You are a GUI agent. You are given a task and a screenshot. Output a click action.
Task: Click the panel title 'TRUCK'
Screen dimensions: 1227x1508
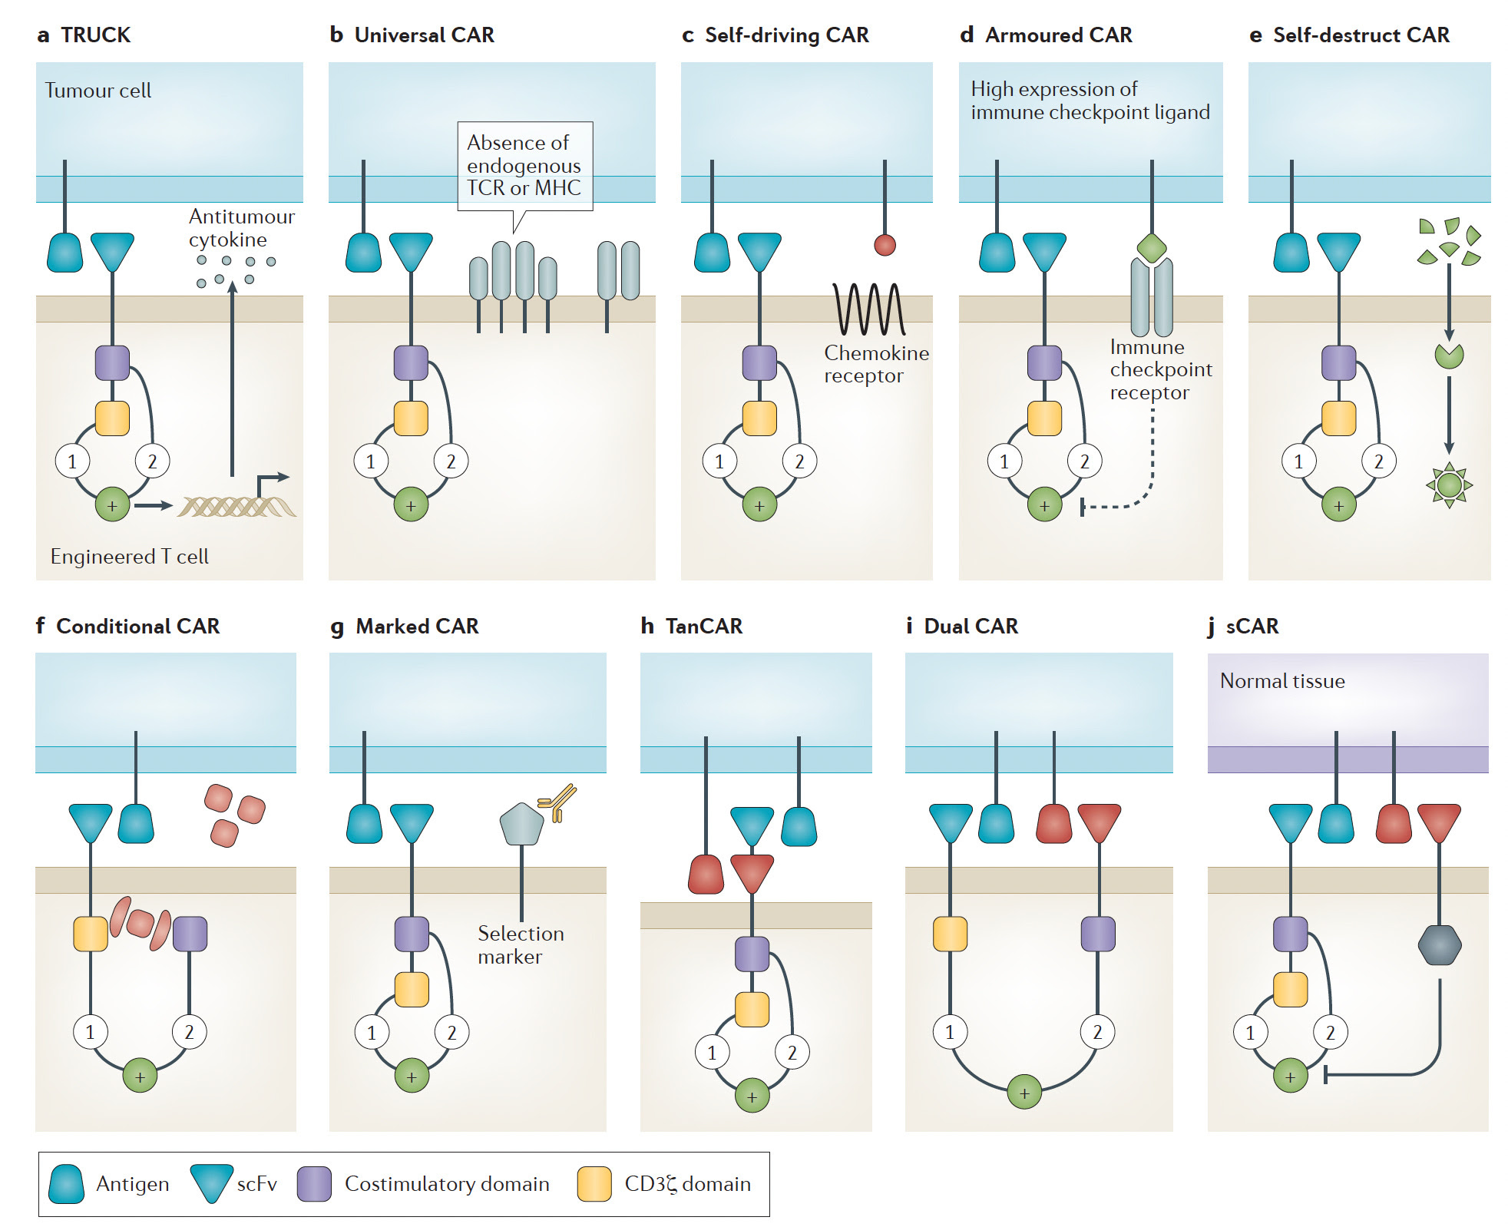click(95, 35)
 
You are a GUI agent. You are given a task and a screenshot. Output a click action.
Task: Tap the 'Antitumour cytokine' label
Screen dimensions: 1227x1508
click(240, 228)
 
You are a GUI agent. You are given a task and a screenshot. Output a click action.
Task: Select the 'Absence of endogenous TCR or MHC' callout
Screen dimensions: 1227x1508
click(524, 165)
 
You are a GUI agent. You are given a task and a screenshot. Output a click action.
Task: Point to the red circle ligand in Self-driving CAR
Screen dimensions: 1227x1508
click(885, 246)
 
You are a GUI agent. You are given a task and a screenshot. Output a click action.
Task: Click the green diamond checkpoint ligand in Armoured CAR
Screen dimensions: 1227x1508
click(1151, 248)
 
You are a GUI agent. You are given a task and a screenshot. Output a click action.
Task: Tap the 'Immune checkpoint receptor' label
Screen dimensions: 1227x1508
click(1160, 370)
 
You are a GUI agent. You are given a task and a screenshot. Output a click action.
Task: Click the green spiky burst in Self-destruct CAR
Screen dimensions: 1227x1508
click(1449, 485)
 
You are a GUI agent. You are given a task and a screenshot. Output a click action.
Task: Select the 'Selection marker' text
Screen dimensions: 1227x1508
click(520, 945)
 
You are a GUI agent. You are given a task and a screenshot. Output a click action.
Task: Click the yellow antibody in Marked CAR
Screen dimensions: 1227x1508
click(558, 802)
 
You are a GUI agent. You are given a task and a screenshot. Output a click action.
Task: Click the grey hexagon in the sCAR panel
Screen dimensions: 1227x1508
click(1439, 945)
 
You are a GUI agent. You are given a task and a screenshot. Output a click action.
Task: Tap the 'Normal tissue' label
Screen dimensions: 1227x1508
click(1281, 681)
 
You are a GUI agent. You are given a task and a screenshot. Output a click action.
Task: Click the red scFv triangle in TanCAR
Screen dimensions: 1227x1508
click(752, 873)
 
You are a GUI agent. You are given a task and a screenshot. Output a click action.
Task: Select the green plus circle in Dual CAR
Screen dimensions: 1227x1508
click(1024, 1093)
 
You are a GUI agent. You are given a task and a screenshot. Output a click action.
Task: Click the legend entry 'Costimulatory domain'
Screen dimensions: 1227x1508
click(446, 1184)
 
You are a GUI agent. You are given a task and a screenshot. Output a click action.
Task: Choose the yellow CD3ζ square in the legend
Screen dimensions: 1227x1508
click(594, 1184)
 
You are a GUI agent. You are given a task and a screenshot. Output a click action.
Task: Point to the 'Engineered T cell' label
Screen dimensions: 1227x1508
click(129, 557)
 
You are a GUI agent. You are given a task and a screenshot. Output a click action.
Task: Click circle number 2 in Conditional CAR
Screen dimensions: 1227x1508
click(189, 1032)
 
